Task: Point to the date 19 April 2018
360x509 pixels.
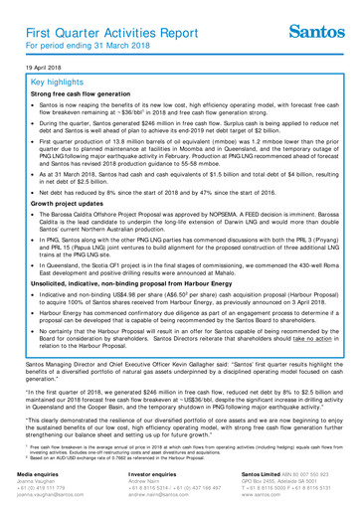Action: tap(35, 69)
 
